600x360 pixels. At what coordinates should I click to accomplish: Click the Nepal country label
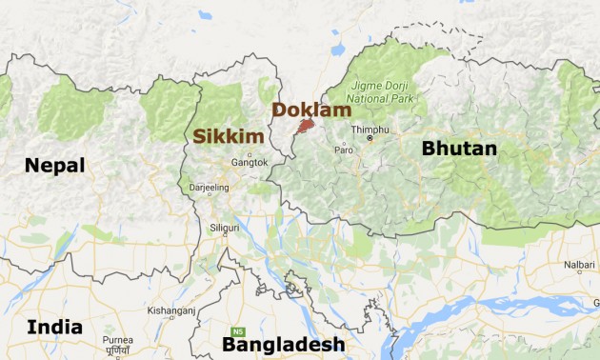click(x=54, y=166)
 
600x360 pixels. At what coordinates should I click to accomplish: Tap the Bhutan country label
click(x=459, y=149)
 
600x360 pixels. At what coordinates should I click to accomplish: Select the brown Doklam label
click(x=310, y=110)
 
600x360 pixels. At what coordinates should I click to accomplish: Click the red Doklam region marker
click(x=305, y=125)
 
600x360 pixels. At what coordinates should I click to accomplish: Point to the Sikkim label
click(x=228, y=137)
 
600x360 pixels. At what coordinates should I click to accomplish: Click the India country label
click(x=54, y=328)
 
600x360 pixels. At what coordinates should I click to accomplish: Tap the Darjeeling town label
click(x=210, y=189)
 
